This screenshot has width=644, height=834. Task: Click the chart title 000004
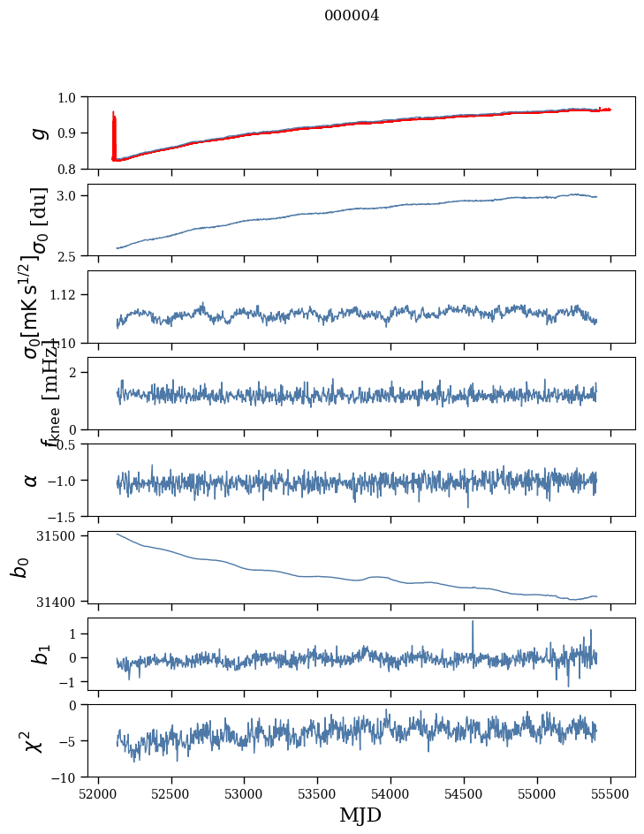click(x=352, y=16)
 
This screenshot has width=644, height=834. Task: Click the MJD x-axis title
click(x=360, y=815)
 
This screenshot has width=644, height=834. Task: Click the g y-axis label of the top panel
click(x=37, y=133)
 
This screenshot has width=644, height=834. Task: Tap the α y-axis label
click(x=32, y=480)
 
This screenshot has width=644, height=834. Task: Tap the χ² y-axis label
click(x=34, y=740)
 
